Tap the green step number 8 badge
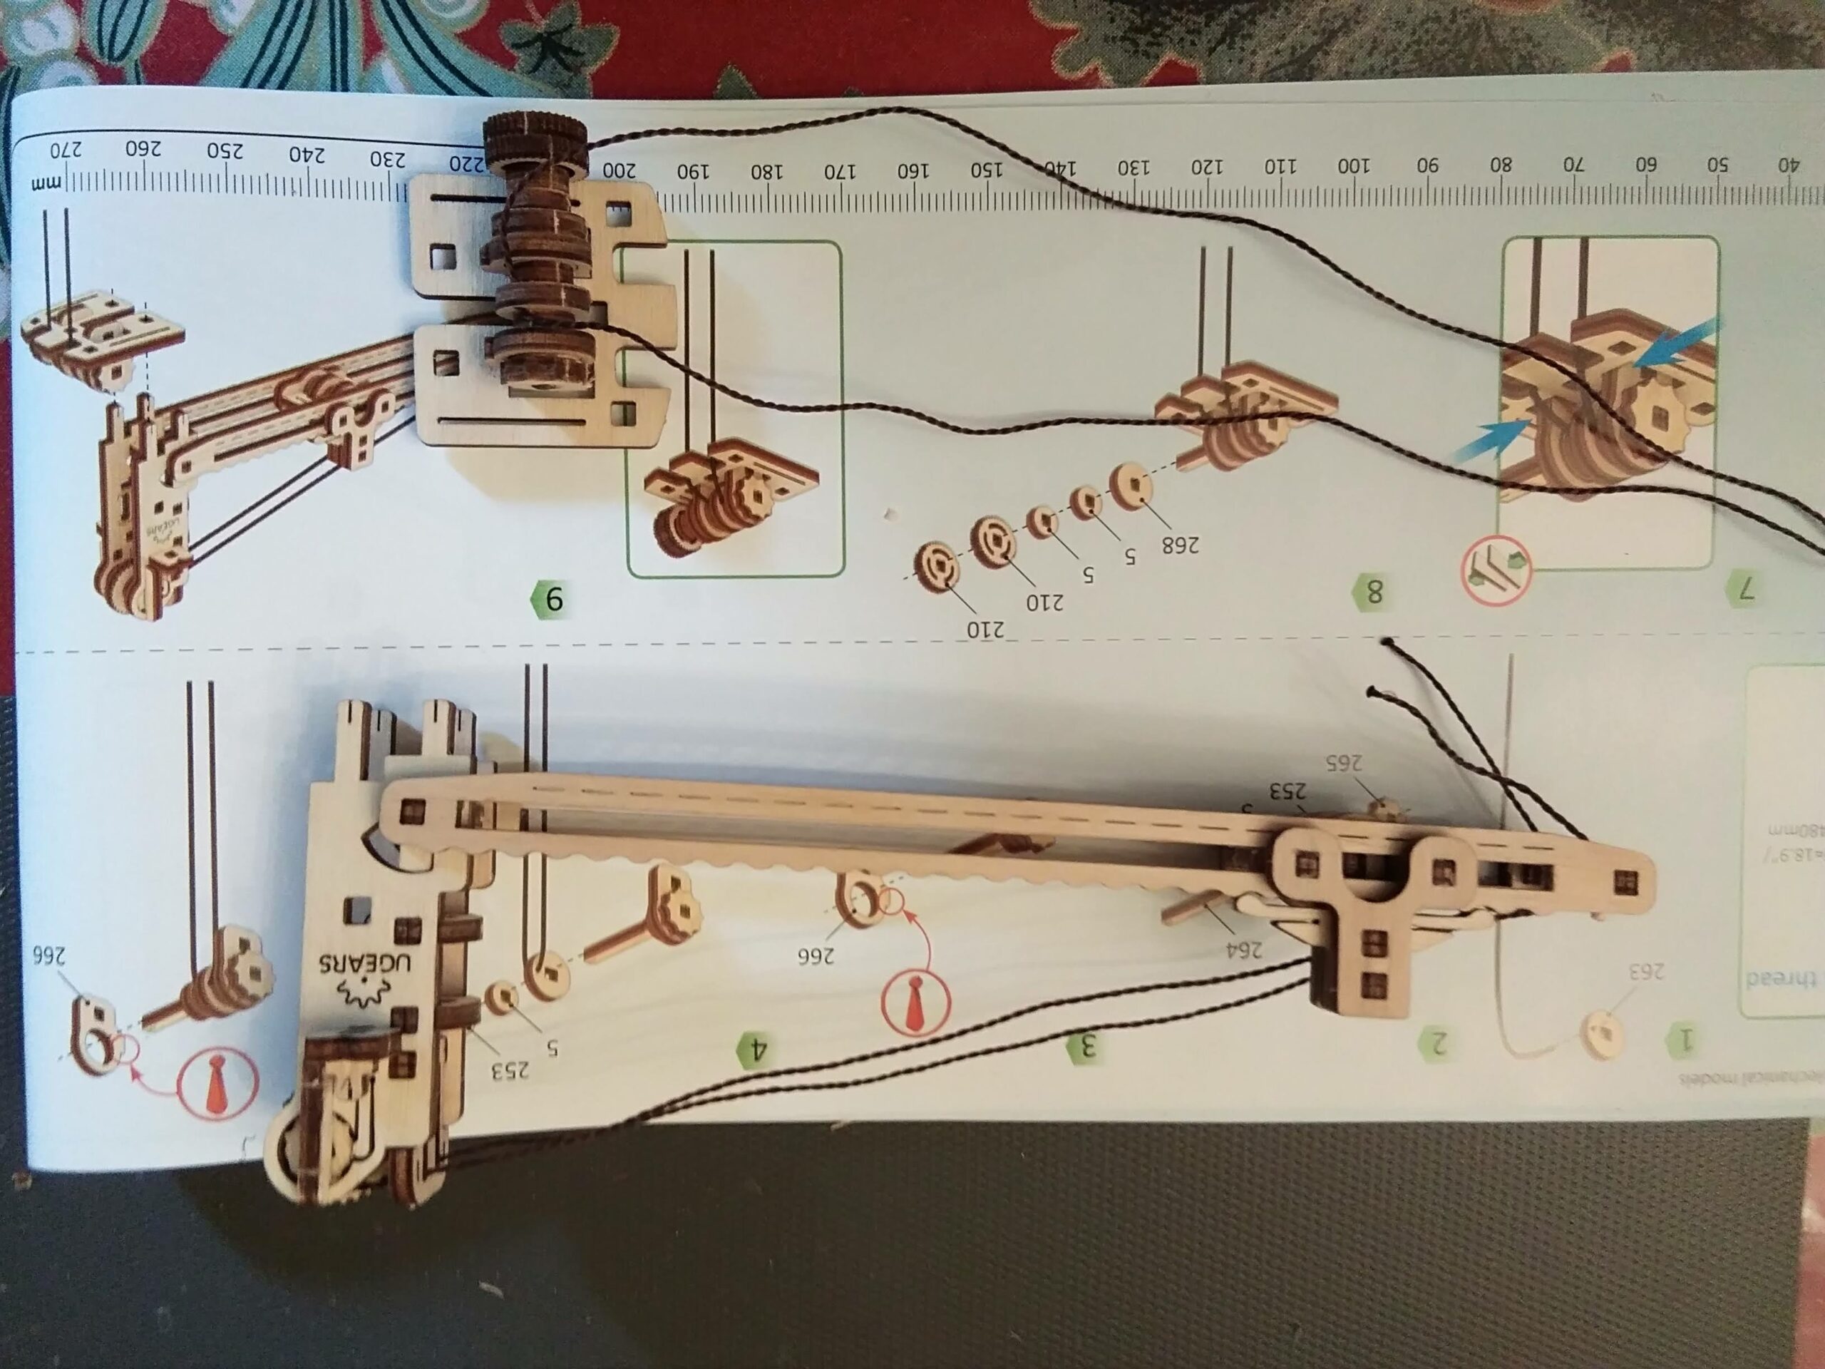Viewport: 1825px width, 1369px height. click(x=1372, y=591)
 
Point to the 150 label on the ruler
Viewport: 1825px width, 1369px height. click(x=986, y=169)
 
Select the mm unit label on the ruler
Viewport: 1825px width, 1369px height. click(x=41, y=183)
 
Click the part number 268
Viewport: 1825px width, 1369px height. click(x=1180, y=545)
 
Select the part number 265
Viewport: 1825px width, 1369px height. click(x=1343, y=764)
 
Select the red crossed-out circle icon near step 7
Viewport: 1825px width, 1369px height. click(x=1496, y=570)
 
